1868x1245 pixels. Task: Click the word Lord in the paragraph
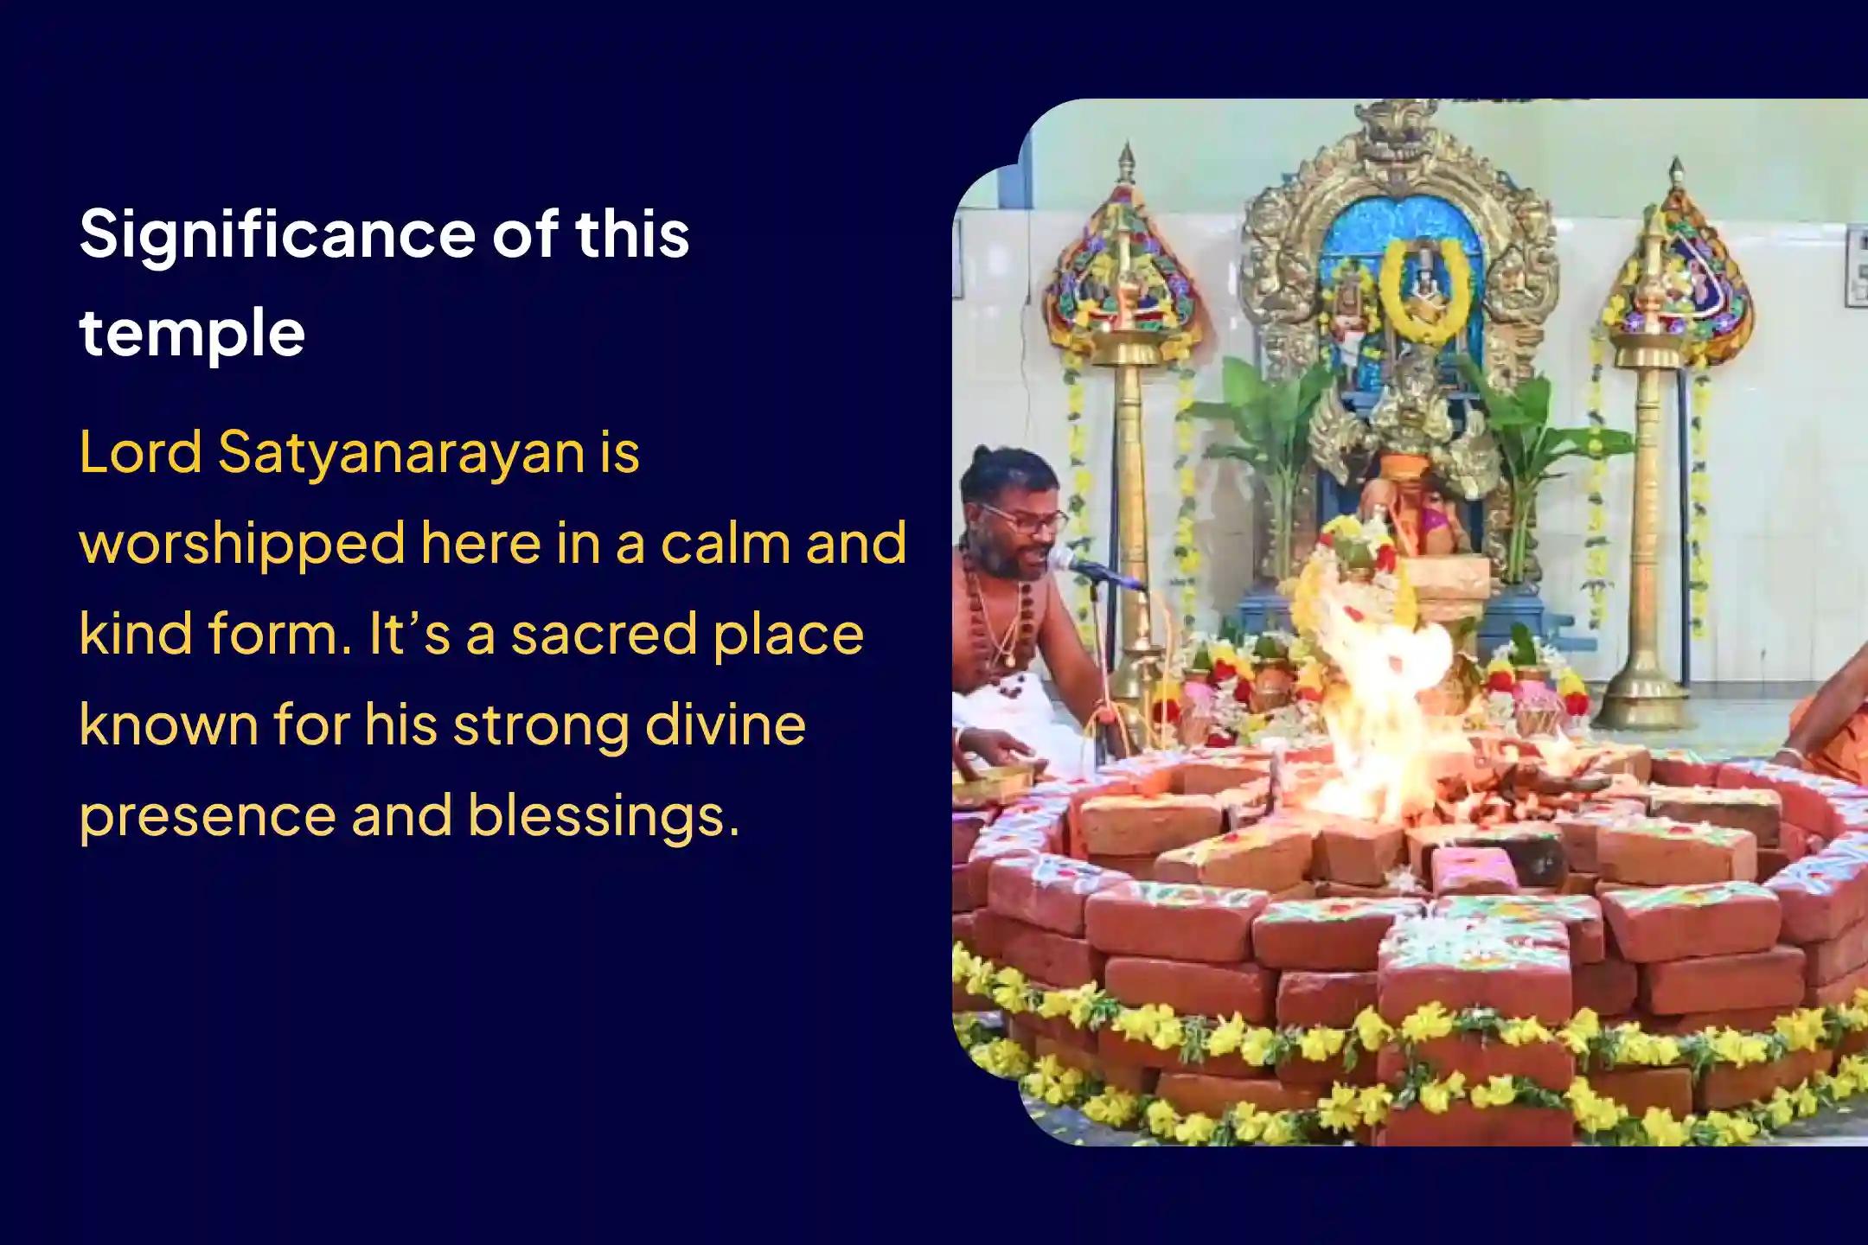[140, 452]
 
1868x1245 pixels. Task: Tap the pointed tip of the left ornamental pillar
[1126, 147]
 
